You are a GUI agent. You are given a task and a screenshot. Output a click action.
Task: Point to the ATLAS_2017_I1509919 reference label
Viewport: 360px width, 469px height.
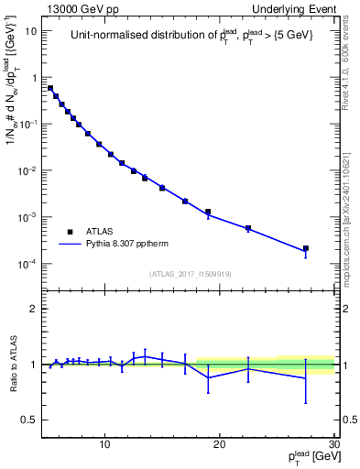[190, 273]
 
